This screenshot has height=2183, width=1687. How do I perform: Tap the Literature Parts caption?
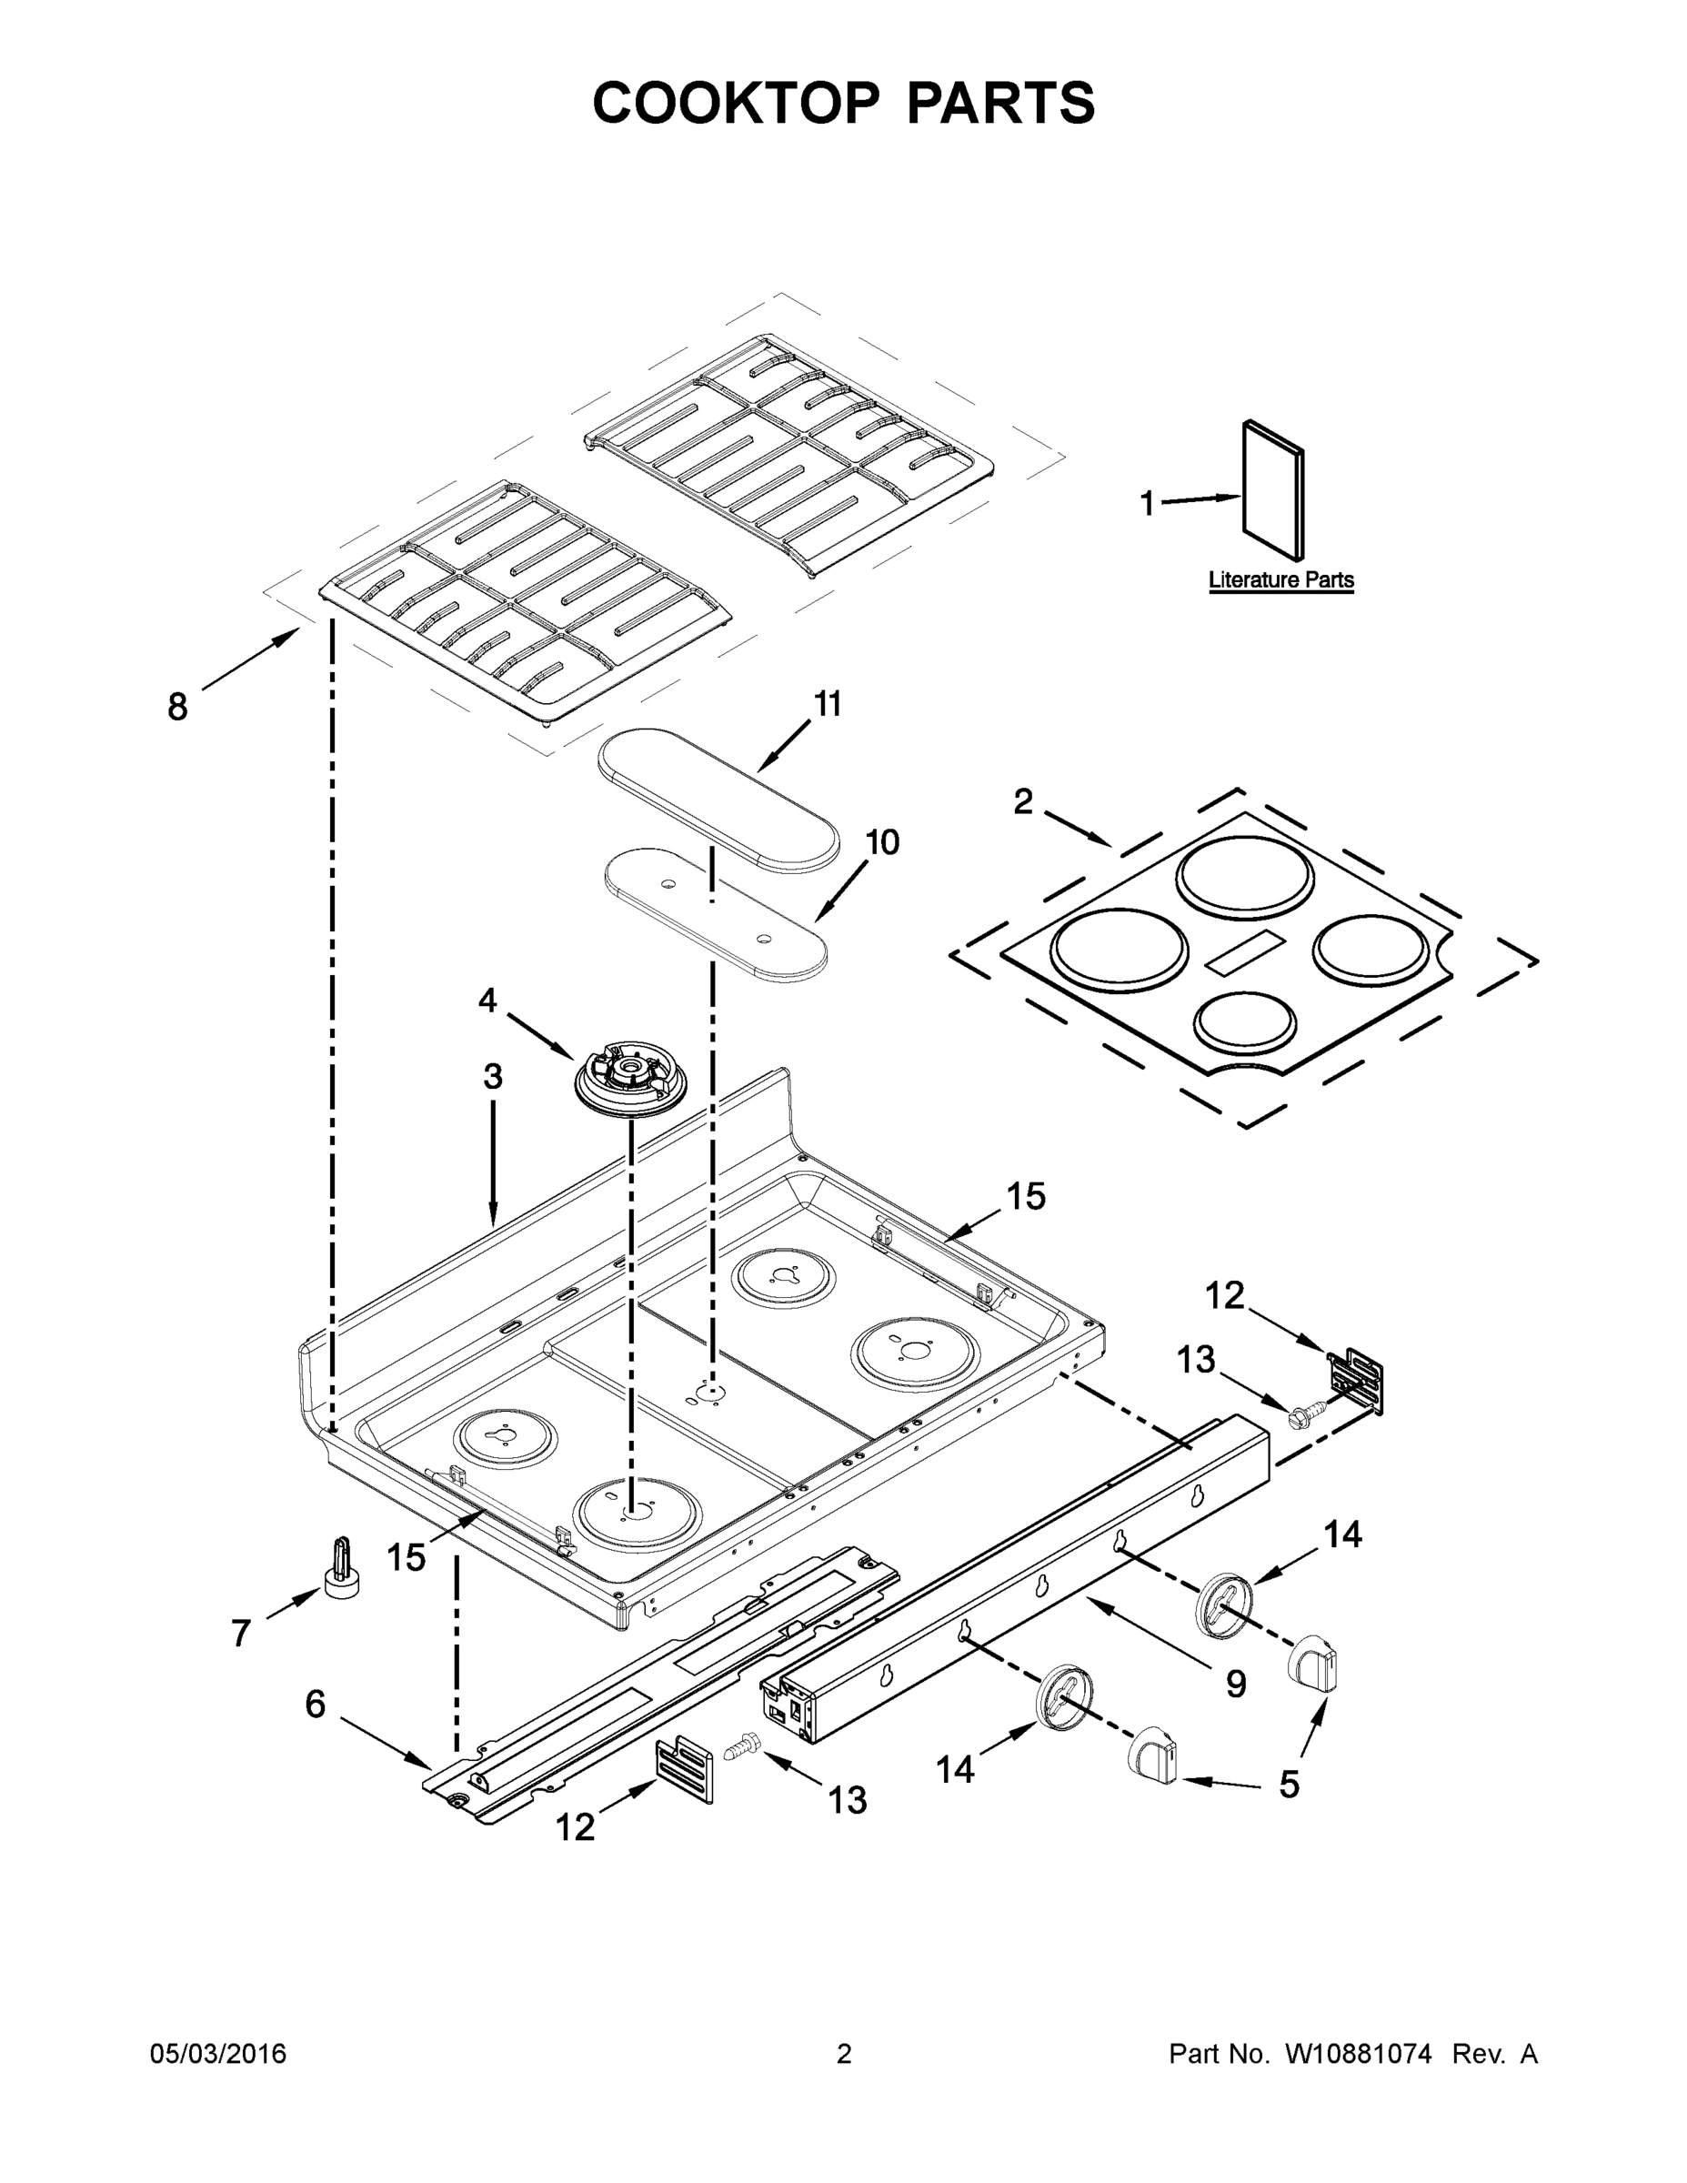[1280, 579]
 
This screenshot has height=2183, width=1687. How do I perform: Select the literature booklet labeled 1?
[1273, 489]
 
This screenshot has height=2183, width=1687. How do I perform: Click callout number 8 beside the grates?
[177, 708]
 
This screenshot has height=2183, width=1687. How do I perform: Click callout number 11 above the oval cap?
[828, 705]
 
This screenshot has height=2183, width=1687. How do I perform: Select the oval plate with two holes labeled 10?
[716, 910]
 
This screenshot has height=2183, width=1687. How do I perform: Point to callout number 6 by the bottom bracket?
[315, 1705]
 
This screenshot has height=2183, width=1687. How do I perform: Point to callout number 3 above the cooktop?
[493, 1078]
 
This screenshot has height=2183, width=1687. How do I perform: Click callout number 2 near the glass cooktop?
[1022, 801]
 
